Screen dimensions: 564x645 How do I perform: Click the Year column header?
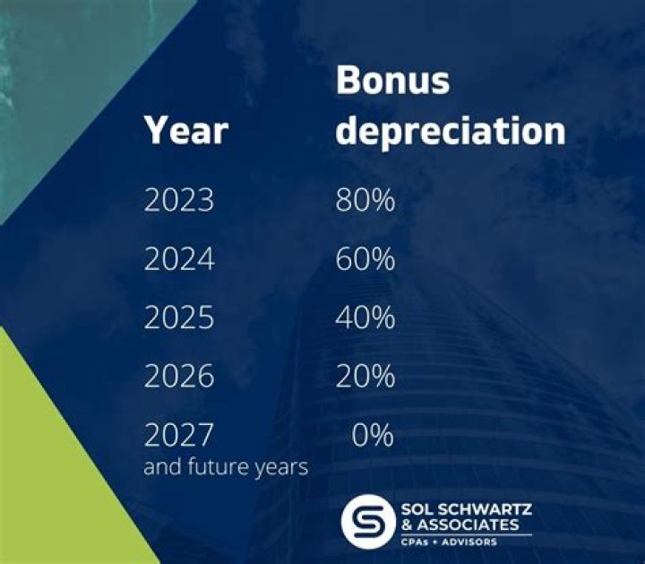tap(185, 131)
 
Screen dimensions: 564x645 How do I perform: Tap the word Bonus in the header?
tap(391, 81)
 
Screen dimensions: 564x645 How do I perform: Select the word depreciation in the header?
tap(451, 131)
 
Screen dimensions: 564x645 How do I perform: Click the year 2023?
tap(179, 200)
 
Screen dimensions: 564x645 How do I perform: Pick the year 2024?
tap(179, 259)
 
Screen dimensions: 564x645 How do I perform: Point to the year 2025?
tap(179, 318)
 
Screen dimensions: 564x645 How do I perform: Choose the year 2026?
tap(179, 377)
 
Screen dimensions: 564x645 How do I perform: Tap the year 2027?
tap(179, 436)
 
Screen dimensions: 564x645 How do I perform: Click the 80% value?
tap(365, 200)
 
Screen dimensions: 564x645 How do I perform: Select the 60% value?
tap(365, 259)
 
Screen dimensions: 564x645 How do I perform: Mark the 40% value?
tap(365, 318)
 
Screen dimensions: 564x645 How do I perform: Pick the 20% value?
tap(365, 377)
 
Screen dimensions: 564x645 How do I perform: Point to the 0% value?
tap(372, 436)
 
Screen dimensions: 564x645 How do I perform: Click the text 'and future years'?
tap(226, 467)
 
